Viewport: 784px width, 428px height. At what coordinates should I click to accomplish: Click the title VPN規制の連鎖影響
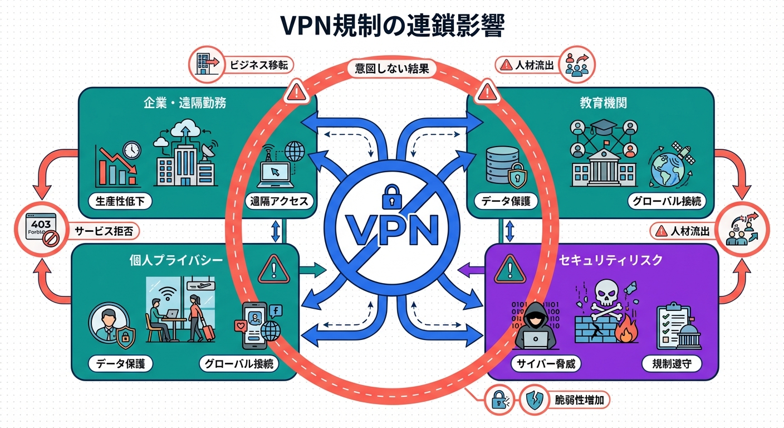[391, 26]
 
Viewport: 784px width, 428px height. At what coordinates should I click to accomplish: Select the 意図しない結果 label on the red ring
[391, 70]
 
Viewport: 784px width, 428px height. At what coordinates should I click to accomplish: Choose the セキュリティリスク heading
[605, 260]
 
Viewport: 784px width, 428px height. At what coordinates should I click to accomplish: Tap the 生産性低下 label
[120, 201]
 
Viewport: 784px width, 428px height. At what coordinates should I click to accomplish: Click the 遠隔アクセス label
[280, 201]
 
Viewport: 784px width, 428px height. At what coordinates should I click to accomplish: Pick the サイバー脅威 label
[546, 364]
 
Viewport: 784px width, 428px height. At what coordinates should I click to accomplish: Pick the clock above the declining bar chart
[131, 150]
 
